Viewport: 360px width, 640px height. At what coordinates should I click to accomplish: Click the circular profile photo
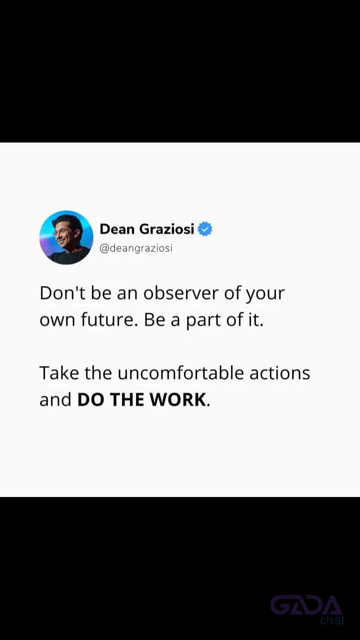coord(66,237)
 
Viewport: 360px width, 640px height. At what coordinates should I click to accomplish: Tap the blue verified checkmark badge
coord(205,229)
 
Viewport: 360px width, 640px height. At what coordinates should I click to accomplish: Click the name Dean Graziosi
coord(147,229)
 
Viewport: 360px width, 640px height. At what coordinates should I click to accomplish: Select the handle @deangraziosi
coord(136,248)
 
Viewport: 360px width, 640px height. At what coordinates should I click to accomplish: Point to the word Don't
coord(62,293)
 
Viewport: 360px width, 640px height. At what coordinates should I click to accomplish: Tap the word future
coord(107,319)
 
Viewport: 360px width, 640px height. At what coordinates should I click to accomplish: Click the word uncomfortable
coord(181,373)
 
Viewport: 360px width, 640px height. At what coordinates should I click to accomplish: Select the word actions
coord(279,373)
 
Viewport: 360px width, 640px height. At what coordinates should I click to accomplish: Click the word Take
coord(59,373)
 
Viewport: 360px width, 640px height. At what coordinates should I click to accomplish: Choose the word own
coord(57,320)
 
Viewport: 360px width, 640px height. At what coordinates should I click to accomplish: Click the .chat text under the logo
coord(330,620)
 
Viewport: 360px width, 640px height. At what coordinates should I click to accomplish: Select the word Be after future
coord(154,319)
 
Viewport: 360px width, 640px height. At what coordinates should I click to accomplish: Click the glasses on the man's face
coord(60,232)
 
